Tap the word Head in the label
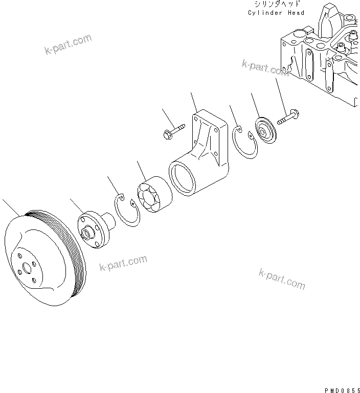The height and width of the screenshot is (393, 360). coord(296,13)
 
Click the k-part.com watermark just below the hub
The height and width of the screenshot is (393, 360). coord(123,264)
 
